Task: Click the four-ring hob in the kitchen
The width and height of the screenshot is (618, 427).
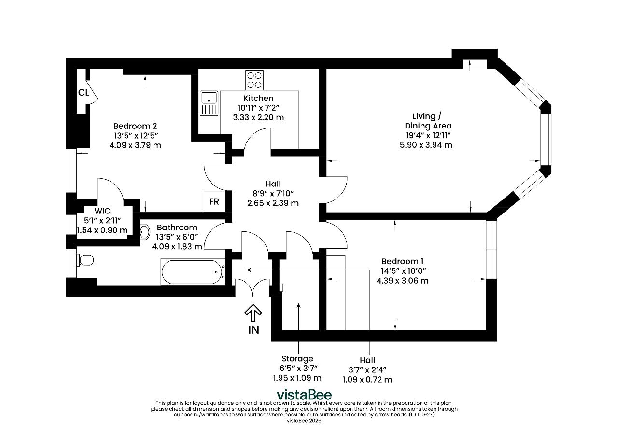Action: [x=254, y=80]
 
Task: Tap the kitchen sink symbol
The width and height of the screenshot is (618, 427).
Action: [x=209, y=103]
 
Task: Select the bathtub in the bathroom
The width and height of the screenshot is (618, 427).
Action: [x=193, y=272]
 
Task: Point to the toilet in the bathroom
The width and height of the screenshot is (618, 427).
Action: [x=85, y=260]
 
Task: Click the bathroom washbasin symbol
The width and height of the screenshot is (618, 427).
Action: [x=145, y=232]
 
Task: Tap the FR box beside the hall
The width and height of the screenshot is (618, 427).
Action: [x=214, y=201]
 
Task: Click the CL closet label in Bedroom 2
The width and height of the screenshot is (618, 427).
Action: [x=84, y=92]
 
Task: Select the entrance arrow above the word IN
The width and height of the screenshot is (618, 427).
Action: [x=253, y=313]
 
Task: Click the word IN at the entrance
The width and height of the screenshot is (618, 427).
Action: [x=254, y=330]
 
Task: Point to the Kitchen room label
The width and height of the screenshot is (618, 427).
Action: [x=258, y=98]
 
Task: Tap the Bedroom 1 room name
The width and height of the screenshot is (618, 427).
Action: [x=403, y=261]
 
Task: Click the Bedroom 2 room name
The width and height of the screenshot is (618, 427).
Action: [x=135, y=126]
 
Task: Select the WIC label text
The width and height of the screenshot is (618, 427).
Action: [x=102, y=211]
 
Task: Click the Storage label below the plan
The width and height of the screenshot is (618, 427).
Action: [x=297, y=359]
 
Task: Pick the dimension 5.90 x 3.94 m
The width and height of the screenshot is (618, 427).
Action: [x=426, y=145]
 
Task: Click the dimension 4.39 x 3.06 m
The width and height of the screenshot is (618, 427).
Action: [x=403, y=281]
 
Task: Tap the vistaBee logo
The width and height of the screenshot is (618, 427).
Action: [x=304, y=395]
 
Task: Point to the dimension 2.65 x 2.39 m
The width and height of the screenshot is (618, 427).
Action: [x=273, y=203]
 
